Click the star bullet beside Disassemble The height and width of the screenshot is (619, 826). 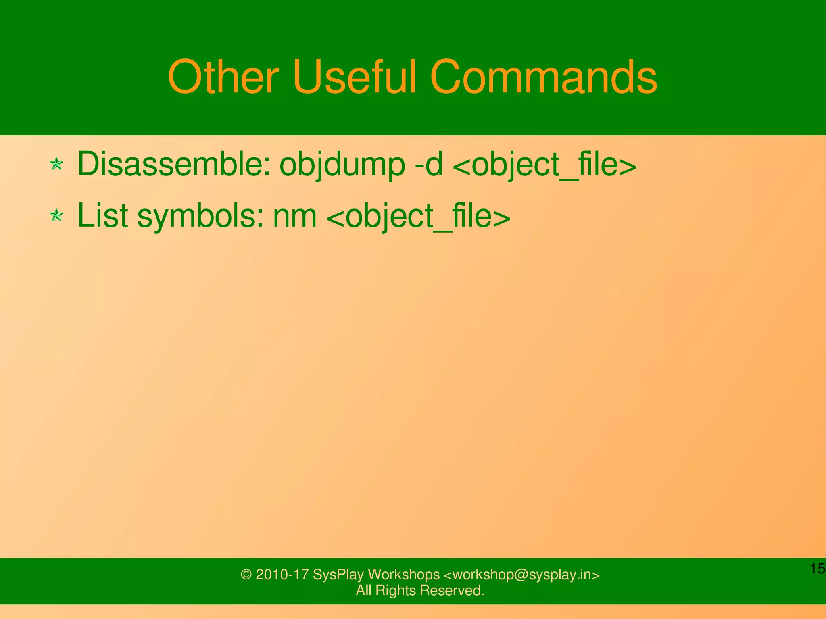[x=56, y=164]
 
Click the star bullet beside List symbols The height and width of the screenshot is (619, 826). [x=56, y=215]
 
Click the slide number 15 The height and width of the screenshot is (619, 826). [x=817, y=569]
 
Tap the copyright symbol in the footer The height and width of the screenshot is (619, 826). [x=246, y=575]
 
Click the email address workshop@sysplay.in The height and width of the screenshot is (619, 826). [x=521, y=575]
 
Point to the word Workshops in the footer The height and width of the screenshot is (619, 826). [x=403, y=575]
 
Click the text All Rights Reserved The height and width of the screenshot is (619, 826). [x=419, y=590]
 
